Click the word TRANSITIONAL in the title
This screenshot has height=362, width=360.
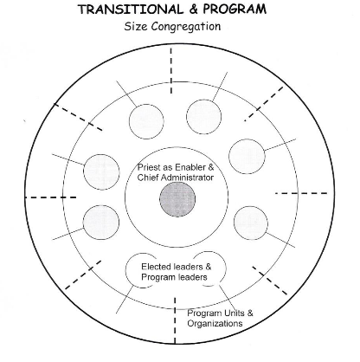tap(131, 10)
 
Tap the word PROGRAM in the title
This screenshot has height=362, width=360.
tap(235, 10)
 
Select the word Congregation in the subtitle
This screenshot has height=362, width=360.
tap(186, 27)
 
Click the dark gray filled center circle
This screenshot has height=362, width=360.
tap(177, 199)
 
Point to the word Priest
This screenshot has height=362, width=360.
tap(147, 167)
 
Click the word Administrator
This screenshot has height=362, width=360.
tap(187, 178)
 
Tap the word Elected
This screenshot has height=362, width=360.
tap(157, 267)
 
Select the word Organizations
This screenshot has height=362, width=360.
tap(215, 323)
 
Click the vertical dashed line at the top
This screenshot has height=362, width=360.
tap(171, 70)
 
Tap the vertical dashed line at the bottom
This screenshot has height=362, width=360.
tap(175, 320)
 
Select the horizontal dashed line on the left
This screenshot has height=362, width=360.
tap(51, 197)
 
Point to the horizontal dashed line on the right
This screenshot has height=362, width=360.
tap(301, 193)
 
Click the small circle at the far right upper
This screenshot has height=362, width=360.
tap(247, 157)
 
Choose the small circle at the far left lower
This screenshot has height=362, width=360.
tap(101, 223)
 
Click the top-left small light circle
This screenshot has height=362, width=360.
tap(146, 121)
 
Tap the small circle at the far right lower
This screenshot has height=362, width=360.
tap(250, 223)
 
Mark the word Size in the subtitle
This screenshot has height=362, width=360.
tap(136, 27)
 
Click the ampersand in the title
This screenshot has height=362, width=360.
tap(193, 10)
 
